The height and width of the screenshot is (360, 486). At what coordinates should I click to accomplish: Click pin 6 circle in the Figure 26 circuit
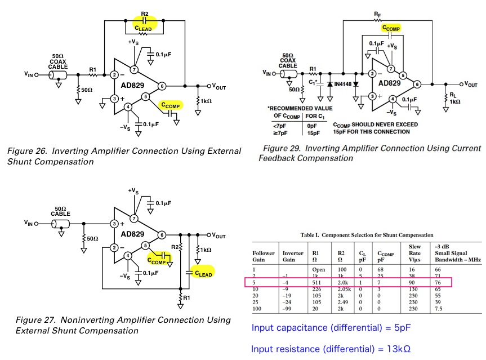(x=162, y=86)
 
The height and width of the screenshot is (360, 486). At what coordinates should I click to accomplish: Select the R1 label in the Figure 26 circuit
(x=92, y=69)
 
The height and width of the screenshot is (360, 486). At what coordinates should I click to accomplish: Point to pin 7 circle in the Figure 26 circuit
(x=134, y=69)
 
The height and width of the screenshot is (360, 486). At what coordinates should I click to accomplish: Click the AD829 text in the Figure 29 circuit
(x=390, y=82)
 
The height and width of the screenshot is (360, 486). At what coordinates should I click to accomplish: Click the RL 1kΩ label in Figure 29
(x=455, y=98)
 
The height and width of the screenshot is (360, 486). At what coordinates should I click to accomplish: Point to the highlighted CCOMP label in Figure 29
(x=391, y=28)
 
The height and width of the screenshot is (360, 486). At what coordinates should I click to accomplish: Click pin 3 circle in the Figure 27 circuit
(x=114, y=224)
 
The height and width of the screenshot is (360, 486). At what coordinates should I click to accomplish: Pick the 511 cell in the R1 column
(x=318, y=282)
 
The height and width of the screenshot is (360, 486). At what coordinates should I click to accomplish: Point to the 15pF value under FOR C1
(x=313, y=132)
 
